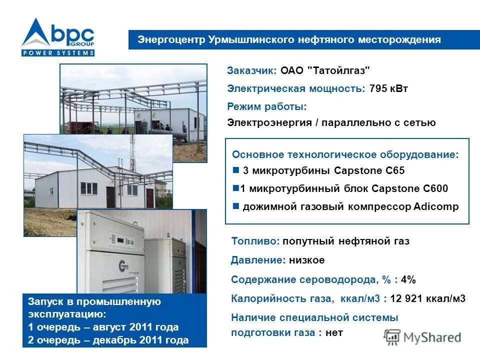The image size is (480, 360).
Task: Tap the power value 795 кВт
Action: [388, 89]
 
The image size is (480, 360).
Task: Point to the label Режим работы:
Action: [266, 106]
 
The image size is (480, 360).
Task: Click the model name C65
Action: [394, 170]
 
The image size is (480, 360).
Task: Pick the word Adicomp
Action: [436, 206]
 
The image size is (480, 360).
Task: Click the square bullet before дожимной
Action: [236, 206]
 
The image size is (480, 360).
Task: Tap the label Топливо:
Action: [255, 241]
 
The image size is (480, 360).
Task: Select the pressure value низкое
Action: [306, 260]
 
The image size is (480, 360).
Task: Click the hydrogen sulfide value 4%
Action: [407, 279]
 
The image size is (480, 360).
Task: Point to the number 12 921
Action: [406, 298]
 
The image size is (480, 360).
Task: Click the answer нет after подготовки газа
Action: [334, 332]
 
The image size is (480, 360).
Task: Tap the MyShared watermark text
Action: [432, 337]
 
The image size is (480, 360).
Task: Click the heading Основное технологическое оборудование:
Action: [345, 154]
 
